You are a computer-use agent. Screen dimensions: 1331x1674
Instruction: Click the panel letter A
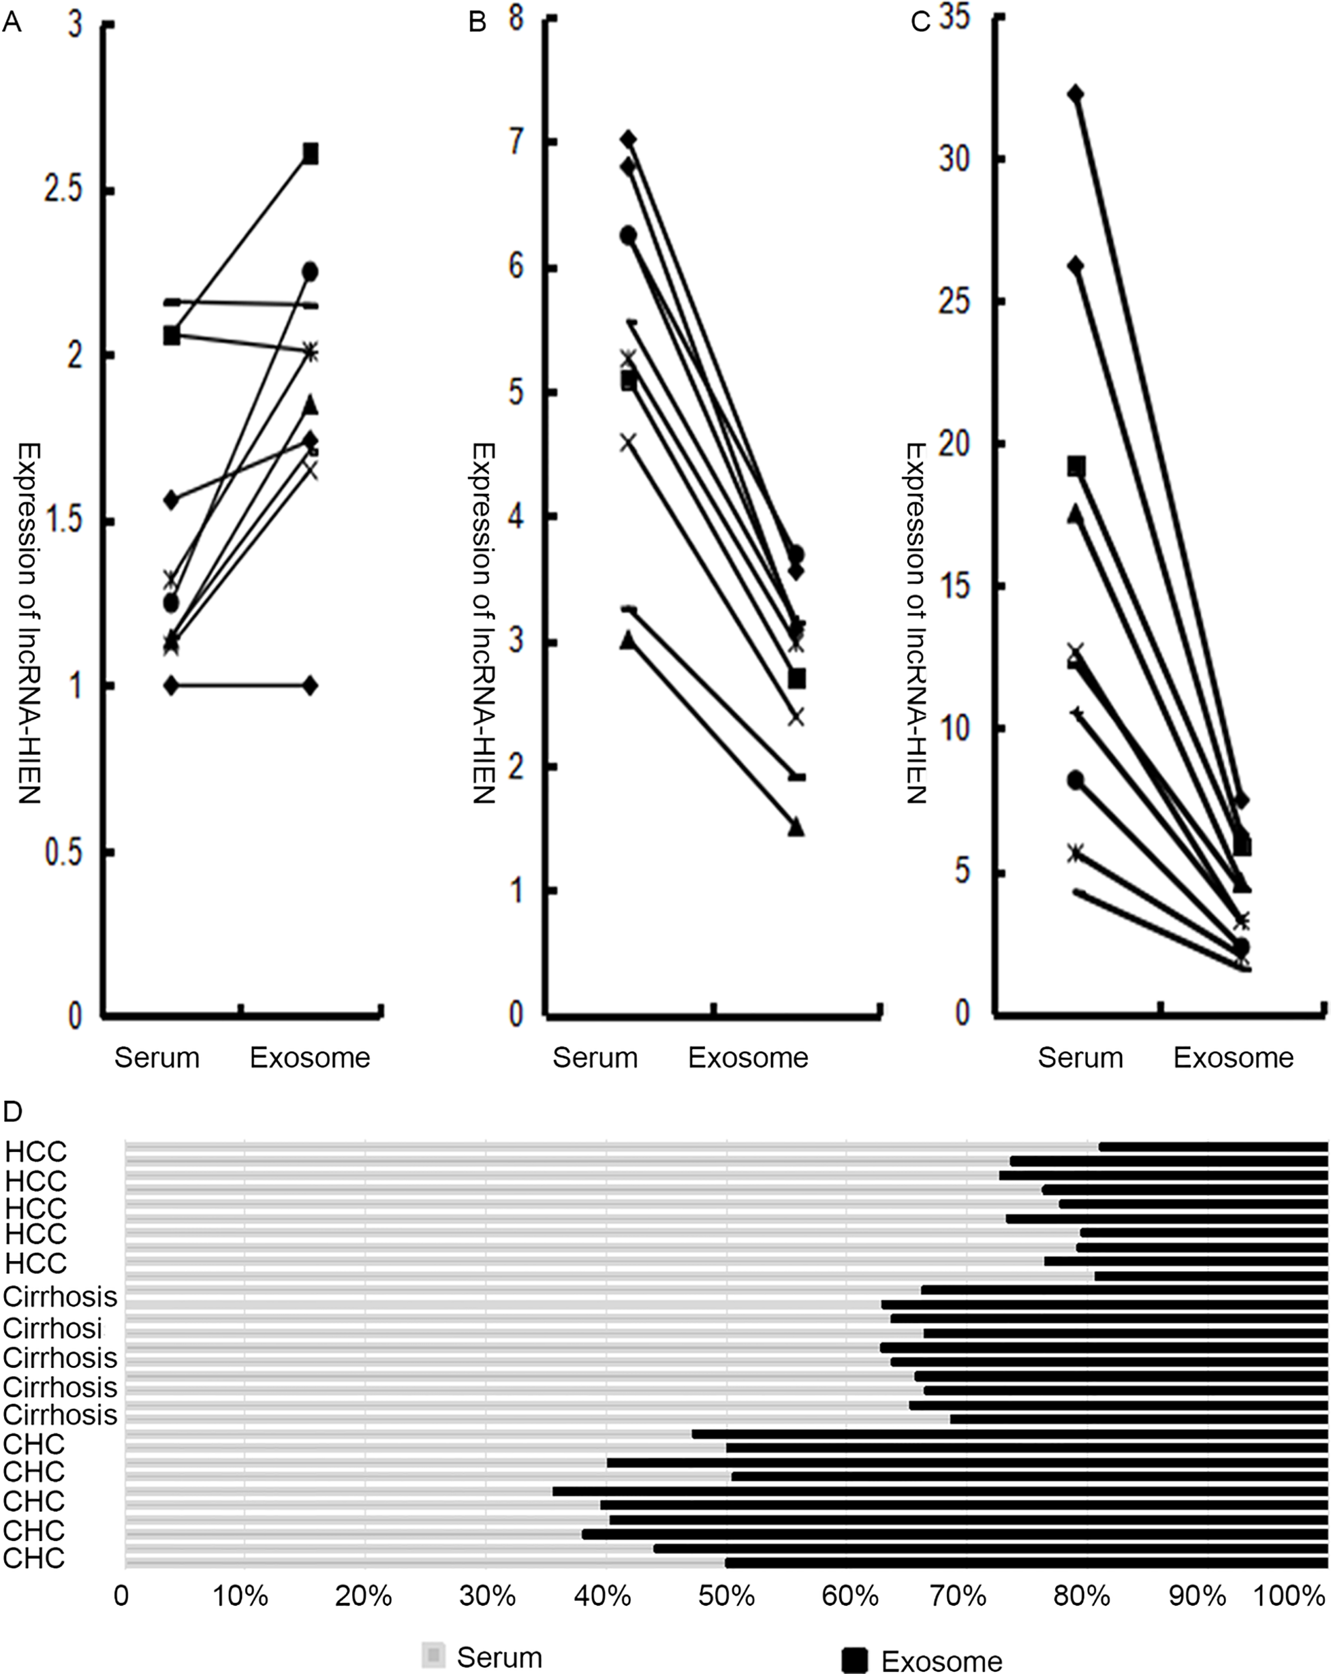pos(12,23)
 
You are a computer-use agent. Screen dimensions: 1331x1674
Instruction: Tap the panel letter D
pos(12,1112)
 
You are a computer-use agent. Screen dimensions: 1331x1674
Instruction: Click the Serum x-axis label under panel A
pos(157,1057)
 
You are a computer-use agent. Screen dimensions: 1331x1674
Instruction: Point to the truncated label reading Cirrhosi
pos(53,1329)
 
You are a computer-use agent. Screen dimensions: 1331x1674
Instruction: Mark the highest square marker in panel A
pos(310,154)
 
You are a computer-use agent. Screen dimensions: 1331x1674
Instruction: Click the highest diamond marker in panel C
pos(1075,94)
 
